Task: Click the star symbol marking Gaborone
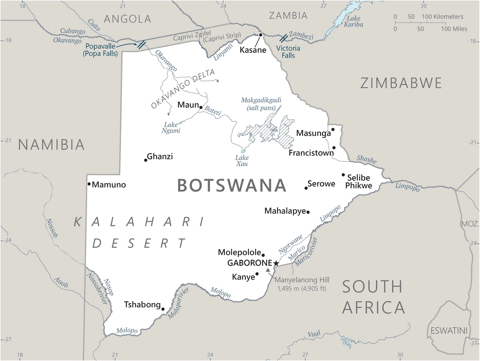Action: point(276,263)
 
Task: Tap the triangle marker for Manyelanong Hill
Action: point(268,270)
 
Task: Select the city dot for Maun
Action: point(201,107)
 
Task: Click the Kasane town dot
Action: point(261,35)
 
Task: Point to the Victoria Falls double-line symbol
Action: point(284,38)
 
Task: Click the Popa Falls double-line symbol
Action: point(141,44)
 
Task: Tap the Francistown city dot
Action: point(334,148)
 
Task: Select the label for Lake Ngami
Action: point(171,127)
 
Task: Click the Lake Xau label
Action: point(242,161)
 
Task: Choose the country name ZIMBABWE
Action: point(401,83)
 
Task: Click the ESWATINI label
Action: point(449,330)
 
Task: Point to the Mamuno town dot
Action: point(89,184)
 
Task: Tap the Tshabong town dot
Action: point(163,309)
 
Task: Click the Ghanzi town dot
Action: point(146,160)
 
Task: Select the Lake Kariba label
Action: point(353,21)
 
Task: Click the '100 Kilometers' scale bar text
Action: point(442,16)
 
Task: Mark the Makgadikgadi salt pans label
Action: point(261,104)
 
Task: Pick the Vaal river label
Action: point(314,334)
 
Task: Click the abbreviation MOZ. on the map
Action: point(470,224)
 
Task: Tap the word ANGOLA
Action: point(127,19)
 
